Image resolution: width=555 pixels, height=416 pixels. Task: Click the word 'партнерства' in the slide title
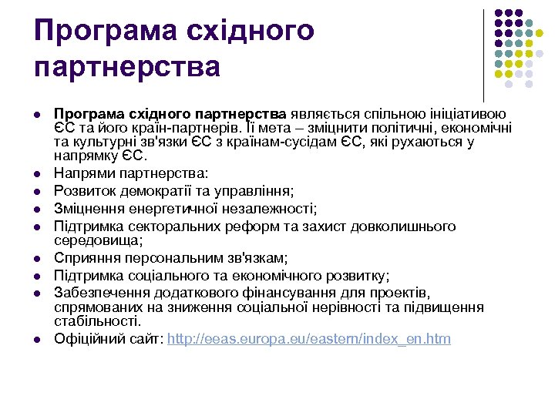[127, 67]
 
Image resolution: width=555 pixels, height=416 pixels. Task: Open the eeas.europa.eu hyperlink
[309, 339]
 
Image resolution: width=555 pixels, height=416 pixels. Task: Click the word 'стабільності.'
[98, 322]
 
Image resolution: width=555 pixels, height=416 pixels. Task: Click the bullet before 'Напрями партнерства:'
[37, 175]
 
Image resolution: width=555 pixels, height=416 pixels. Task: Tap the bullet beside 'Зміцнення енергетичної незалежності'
[37, 209]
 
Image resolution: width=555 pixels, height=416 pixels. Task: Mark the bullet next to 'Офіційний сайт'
[37, 340]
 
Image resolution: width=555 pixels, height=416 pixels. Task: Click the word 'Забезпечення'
[102, 293]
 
